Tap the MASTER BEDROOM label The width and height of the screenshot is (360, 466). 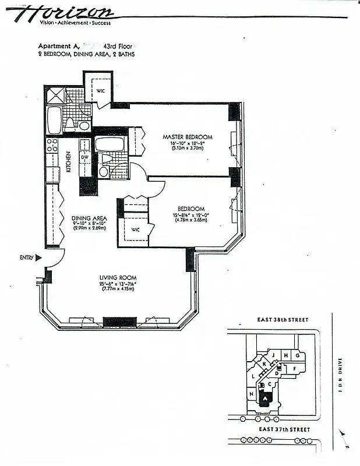coord(187,137)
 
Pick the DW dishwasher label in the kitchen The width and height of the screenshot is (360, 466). coord(85,157)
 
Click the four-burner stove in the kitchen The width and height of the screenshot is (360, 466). coord(52,144)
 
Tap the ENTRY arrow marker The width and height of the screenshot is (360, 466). coord(38,257)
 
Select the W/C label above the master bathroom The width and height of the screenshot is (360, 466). coord(100,90)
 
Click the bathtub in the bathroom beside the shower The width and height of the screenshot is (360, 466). coord(53,120)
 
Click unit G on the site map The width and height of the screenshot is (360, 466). coord(297,355)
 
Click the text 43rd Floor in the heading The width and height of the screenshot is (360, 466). coord(118,45)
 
